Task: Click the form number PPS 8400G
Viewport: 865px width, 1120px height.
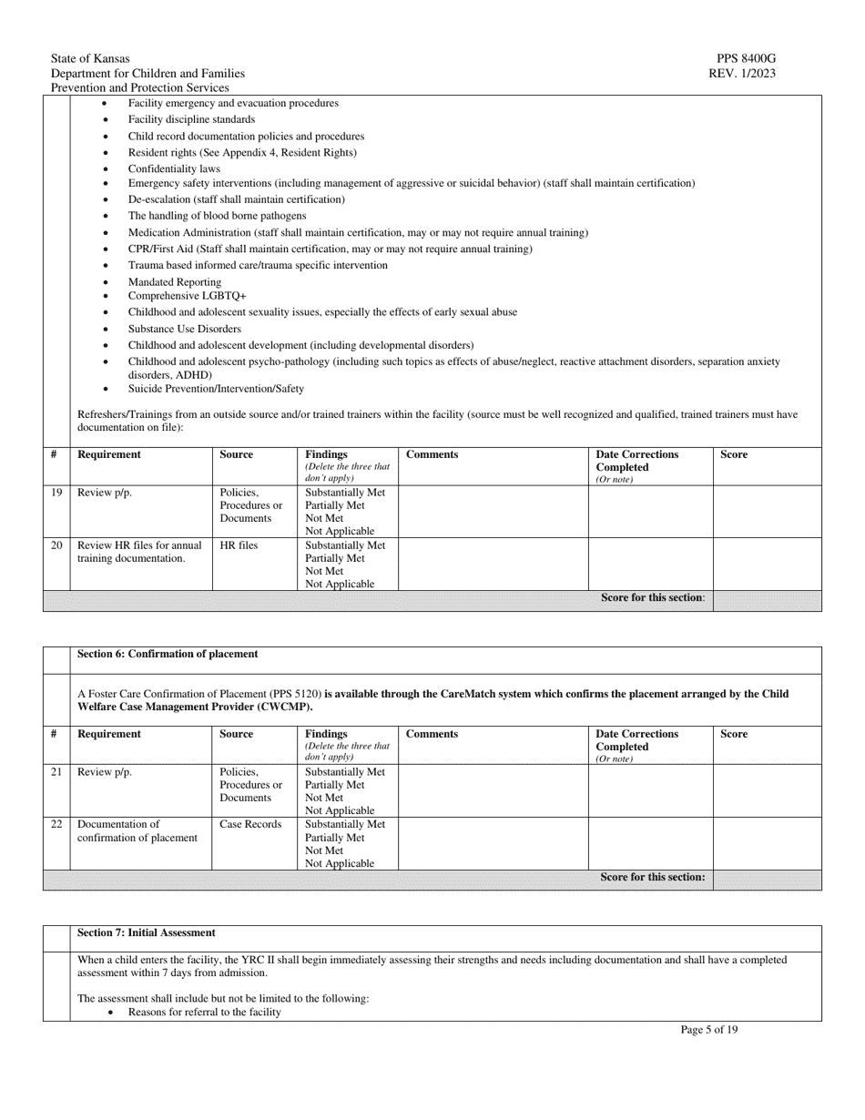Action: (x=746, y=59)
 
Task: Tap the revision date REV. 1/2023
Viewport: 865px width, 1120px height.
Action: (x=742, y=74)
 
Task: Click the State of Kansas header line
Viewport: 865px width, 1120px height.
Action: (x=90, y=59)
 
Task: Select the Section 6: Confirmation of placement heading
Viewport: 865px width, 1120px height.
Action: (x=168, y=654)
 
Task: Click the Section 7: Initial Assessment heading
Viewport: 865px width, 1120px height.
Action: (x=147, y=932)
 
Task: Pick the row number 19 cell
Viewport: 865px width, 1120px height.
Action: (x=56, y=493)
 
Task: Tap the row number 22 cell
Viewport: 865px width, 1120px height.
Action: (x=56, y=824)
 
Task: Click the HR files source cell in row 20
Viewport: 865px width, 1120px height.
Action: (x=239, y=545)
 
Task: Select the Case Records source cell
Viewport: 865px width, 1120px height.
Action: (x=250, y=824)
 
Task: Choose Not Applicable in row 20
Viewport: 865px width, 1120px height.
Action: (x=340, y=584)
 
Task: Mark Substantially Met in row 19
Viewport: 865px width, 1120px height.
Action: (x=345, y=493)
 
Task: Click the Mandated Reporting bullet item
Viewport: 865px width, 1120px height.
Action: (x=174, y=282)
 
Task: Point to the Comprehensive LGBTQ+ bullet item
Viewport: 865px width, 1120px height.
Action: (x=187, y=296)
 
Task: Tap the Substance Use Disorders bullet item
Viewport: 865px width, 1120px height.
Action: (x=184, y=329)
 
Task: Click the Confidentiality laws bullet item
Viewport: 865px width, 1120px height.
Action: (x=173, y=168)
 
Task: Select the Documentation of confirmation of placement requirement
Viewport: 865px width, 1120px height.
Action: (x=137, y=830)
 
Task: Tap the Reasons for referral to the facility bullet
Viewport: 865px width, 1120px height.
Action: (x=204, y=1012)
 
